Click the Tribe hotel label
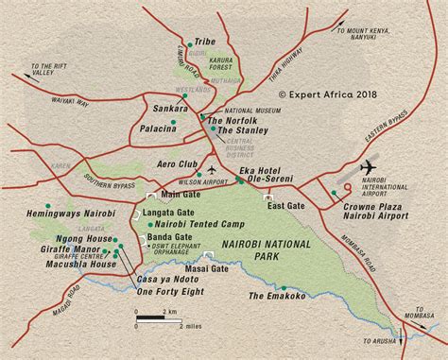point(205,43)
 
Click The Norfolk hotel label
point(231,120)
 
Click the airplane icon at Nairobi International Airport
point(368,168)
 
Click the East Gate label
point(284,205)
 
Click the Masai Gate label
point(207,269)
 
